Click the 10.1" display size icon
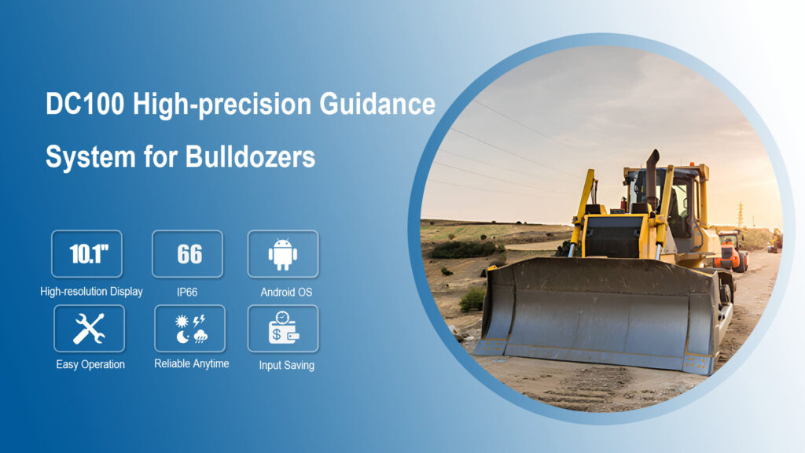[x=86, y=254]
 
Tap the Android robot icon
[x=283, y=254]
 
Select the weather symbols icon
[x=189, y=328]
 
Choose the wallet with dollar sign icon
[x=283, y=328]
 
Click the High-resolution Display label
[x=91, y=292]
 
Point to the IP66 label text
[x=187, y=292]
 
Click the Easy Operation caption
[x=90, y=365]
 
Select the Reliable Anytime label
[x=192, y=363]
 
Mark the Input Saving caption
[x=286, y=365]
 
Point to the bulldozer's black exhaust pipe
[x=652, y=169]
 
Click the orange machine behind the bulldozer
[x=731, y=250]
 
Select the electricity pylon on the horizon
[x=741, y=213]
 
